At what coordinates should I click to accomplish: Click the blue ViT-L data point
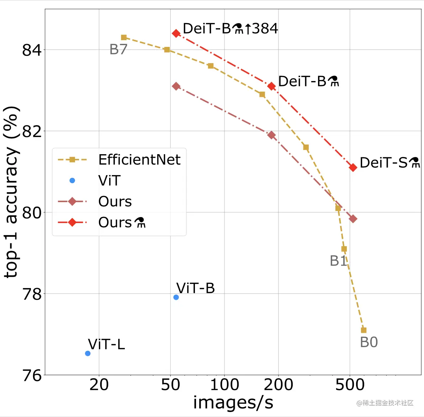point(88,353)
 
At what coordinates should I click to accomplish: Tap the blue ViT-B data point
point(176,297)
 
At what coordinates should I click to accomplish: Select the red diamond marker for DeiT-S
point(353,167)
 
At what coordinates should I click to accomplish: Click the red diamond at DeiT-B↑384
point(176,33)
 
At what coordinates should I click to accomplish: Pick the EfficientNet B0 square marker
point(364,330)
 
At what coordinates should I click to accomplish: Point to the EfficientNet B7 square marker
point(124,37)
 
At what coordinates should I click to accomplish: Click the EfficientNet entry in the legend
point(139,160)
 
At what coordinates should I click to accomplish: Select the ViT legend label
point(109,181)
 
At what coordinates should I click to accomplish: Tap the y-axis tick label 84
point(32,50)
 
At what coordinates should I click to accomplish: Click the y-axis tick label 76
point(32,376)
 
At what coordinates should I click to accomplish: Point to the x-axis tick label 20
point(99,385)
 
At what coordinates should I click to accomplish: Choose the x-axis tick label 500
point(350,385)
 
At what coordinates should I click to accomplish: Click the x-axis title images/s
point(233,403)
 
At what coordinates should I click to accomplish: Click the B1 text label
point(338,261)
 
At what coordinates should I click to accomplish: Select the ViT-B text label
point(195,288)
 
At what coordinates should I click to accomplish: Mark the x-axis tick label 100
point(224,385)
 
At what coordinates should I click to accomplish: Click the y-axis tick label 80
point(32,213)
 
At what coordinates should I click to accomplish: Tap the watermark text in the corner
point(385,403)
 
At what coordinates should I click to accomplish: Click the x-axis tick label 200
point(279,385)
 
